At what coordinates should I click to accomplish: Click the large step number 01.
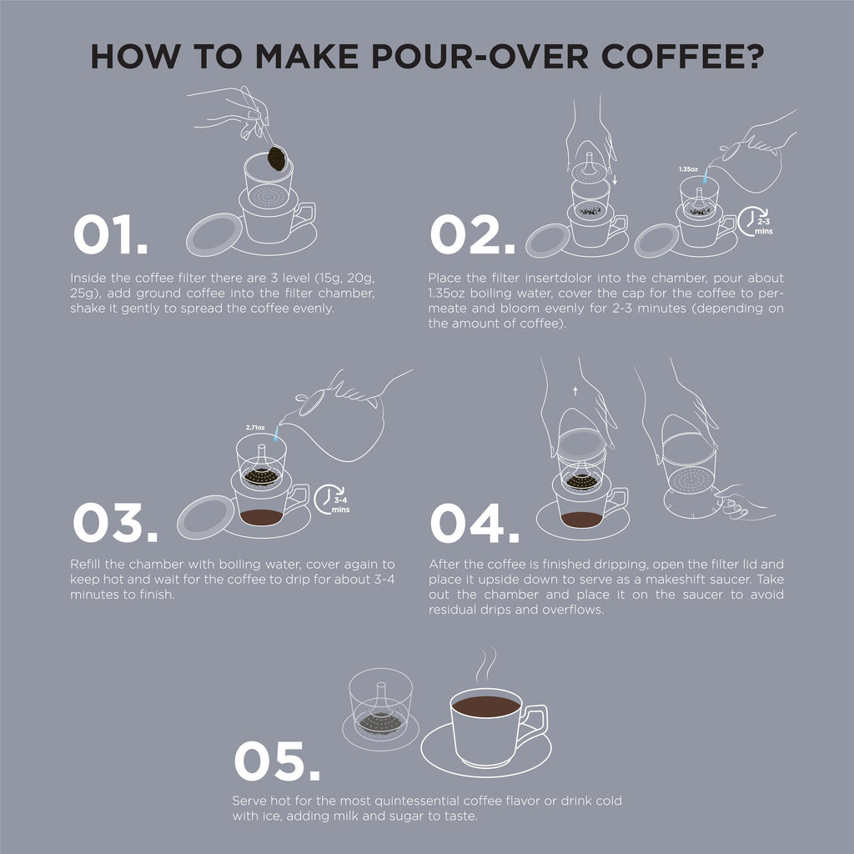111,234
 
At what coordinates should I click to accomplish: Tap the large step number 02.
472,234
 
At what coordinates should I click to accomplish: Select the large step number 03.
115,522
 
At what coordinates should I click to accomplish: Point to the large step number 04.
475,522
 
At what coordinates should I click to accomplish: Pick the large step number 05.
277,761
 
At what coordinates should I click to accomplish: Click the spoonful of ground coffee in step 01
277,158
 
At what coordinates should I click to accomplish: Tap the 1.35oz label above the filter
688,169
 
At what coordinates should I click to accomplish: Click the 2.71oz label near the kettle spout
255,428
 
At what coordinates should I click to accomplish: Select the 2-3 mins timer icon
755,221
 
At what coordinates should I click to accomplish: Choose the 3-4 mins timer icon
332,499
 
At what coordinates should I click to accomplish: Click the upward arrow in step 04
575,390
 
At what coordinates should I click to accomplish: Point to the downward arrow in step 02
615,180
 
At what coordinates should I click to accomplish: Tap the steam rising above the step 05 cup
486,664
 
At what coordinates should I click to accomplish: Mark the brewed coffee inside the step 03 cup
261,517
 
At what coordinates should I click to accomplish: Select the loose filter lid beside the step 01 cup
213,234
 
